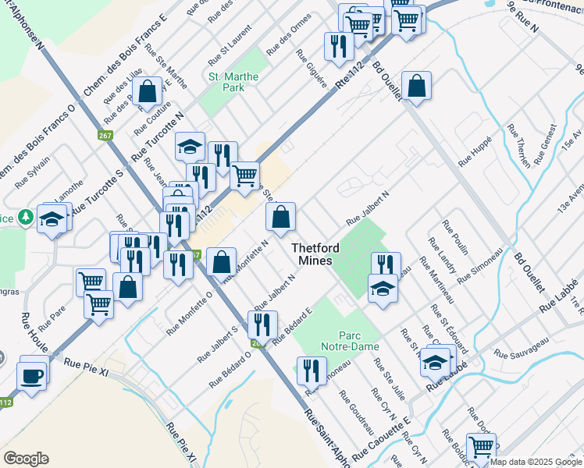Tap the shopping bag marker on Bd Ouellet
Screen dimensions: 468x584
coord(416,86)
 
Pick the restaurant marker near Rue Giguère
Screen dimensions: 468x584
coord(338,47)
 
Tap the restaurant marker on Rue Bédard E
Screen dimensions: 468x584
coord(262,324)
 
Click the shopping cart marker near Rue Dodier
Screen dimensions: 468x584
coord(481,448)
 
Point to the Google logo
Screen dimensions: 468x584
coord(27,459)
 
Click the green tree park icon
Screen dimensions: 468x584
coord(26,216)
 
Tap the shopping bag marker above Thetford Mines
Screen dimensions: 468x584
coord(281,218)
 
